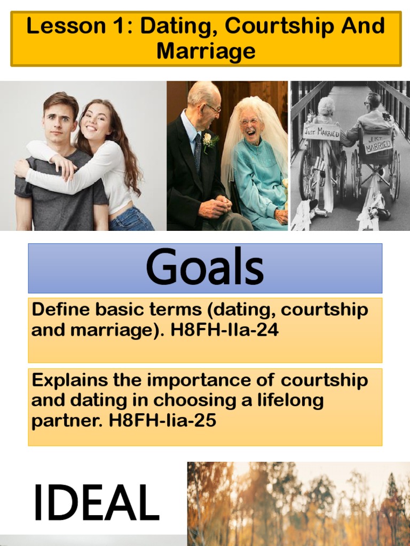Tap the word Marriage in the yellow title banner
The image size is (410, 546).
(x=206, y=52)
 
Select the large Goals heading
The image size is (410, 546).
(x=205, y=268)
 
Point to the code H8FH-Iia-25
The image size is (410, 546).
(x=163, y=421)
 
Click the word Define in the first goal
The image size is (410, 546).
(x=59, y=310)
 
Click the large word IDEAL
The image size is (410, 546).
(x=96, y=503)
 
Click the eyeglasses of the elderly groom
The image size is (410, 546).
(x=212, y=109)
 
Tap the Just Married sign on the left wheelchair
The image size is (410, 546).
(x=322, y=131)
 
